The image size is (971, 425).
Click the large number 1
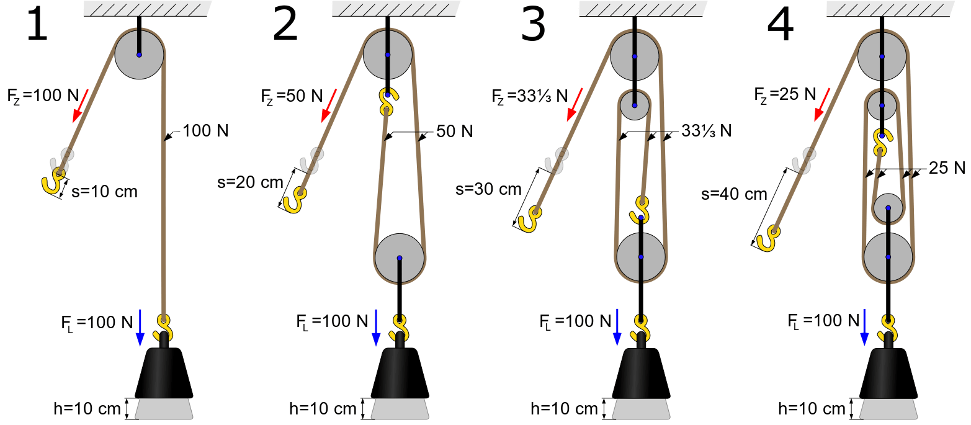point(37,26)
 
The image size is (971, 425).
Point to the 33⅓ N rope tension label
point(706,132)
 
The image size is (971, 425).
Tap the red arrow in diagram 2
point(328,104)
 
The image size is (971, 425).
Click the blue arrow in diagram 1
point(140,325)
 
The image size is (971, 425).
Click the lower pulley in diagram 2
point(400,257)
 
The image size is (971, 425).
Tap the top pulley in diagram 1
point(139,55)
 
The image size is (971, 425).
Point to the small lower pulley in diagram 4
point(888,208)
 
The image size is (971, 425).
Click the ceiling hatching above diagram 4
point(890,9)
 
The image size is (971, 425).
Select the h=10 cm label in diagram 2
point(322,409)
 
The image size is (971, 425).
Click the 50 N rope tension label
point(455,132)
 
